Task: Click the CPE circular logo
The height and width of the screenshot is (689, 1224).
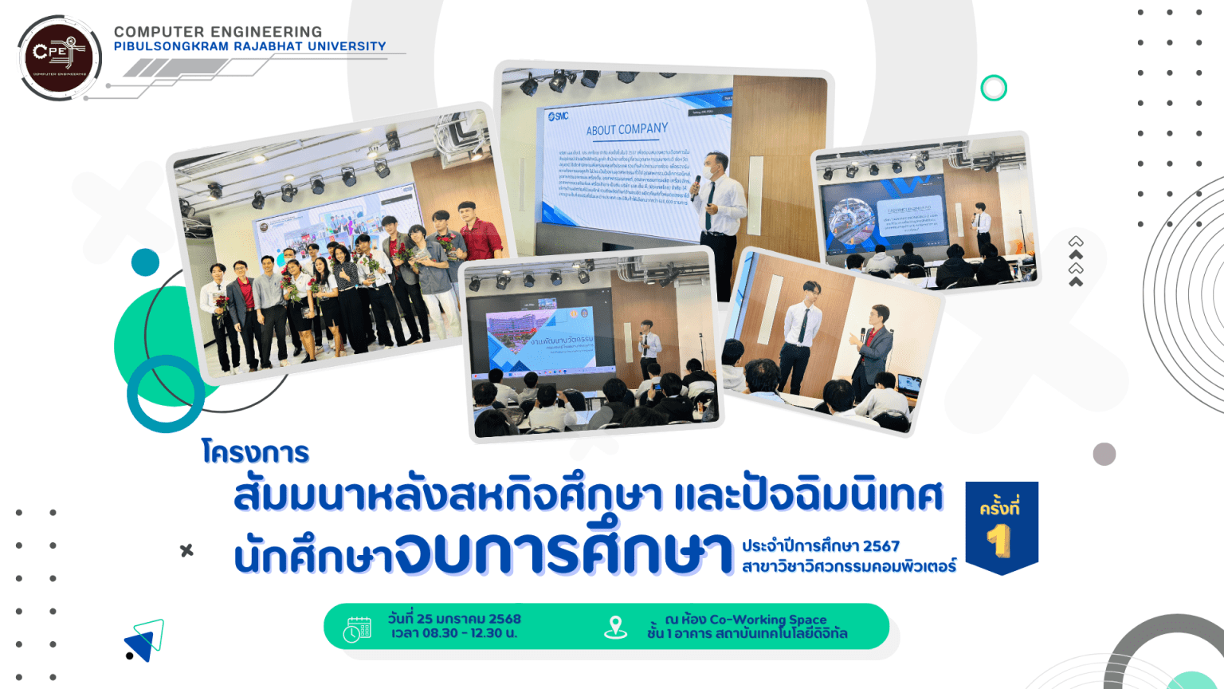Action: [x=58, y=57]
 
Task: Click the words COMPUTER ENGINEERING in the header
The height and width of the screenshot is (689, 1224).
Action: [x=218, y=32]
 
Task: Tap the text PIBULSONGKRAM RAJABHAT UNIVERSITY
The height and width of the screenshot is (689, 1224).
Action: [x=249, y=46]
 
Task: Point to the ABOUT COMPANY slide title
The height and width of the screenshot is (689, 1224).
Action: [x=627, y=129]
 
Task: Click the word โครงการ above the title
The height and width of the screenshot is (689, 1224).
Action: [x=255, y=452]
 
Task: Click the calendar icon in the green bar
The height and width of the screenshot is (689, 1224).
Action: [x=357, y=628]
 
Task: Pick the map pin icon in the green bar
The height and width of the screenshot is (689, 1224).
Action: [x=615, y=628]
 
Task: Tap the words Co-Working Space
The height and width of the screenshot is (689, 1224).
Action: [x=767, y=619]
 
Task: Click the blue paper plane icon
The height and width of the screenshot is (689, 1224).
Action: [x=145, y=640]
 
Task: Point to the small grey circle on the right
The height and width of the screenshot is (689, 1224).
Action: [x=1104, y=454]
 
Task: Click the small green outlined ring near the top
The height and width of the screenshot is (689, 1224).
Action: [x=994, y=88]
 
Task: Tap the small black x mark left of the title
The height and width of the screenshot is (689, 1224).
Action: [x=186, y=550]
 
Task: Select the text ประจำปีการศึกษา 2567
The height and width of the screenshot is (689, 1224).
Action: [x=820, y=546]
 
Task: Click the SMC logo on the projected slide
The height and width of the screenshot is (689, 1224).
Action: [x=559, y=116]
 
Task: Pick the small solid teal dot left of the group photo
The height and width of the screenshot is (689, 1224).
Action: [x=145, y=262]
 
